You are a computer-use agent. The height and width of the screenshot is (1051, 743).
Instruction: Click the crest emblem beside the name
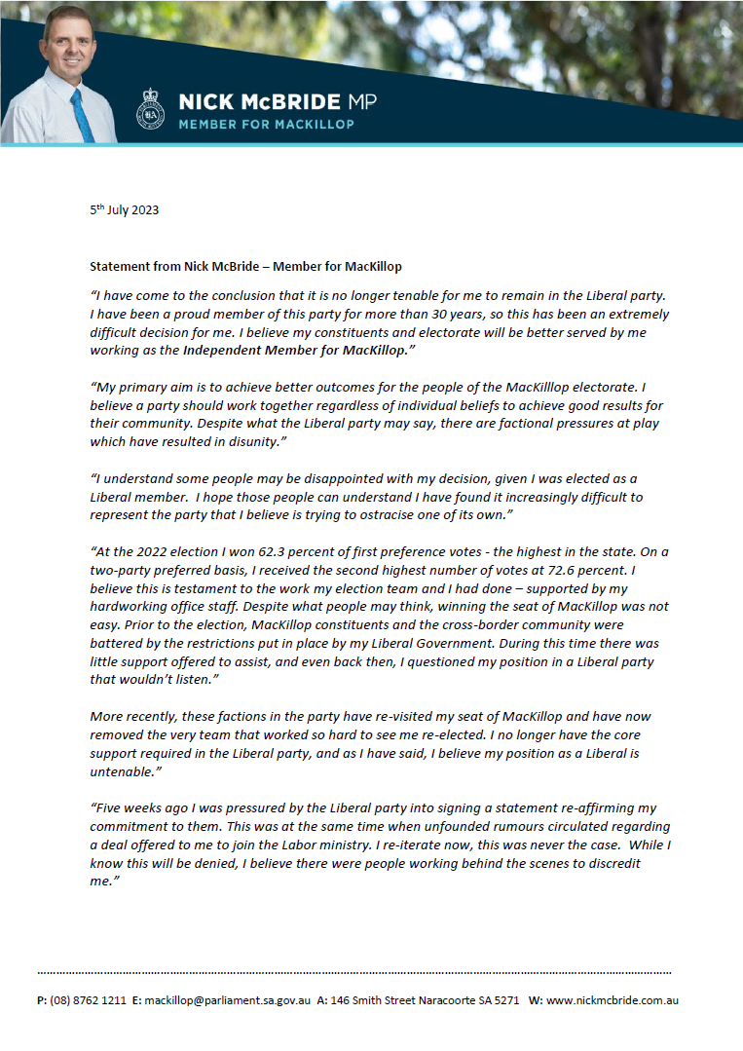pos(151,108)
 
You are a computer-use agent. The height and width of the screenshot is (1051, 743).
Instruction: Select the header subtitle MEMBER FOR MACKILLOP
pos(266,125)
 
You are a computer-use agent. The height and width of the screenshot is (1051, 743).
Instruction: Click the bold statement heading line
pos(245,266)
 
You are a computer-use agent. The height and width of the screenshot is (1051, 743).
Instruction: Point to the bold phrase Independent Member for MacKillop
pos(294,349)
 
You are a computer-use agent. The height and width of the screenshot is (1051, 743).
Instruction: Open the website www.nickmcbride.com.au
pos(613,1000)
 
